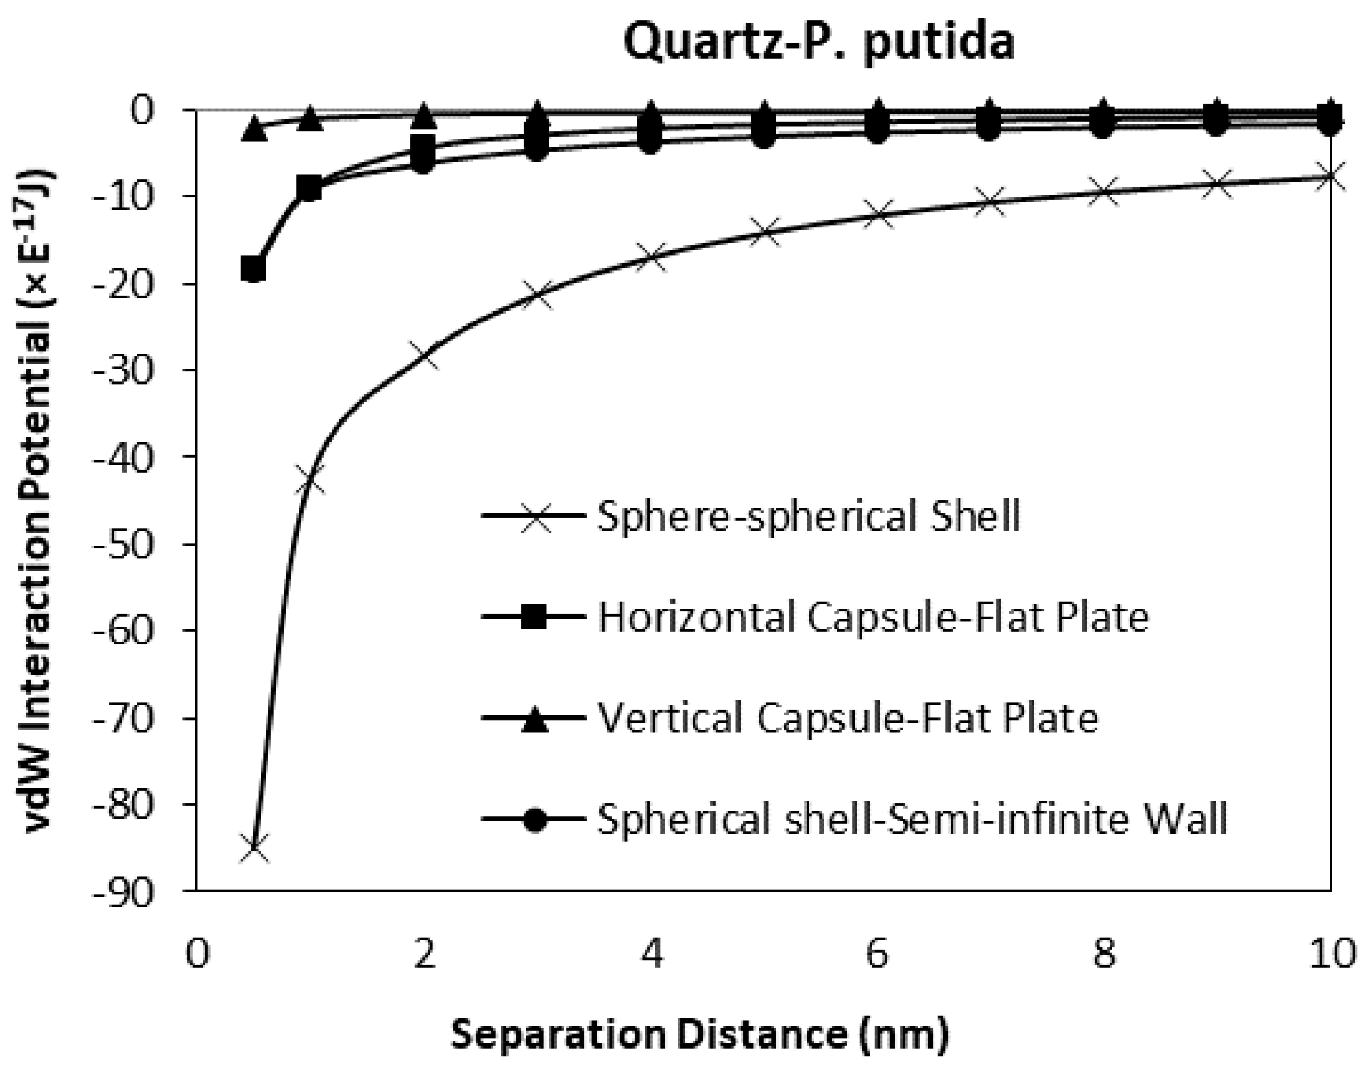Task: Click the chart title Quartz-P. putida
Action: pyautogui.click(x=818, y=42)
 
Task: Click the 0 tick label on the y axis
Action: pyautogui.click(x=150, y=110)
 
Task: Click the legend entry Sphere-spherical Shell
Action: pyautogui.click(x=809, y=516)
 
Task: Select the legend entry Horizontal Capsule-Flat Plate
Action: pyautogui.click(x=873, y=617)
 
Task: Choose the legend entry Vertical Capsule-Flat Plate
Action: pyautogui.click(x=847, y=718)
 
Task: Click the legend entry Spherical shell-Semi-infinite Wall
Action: pyautogui.click(x=912, y=819)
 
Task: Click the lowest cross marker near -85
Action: pyautogui.click(x=254, y=848)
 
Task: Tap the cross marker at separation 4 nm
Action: pyautogui.click(x=651, y=256)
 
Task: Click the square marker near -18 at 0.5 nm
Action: pyautogui.click(x=253, y=269)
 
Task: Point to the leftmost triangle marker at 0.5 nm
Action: pyautogui.click(x=254, y=129)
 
